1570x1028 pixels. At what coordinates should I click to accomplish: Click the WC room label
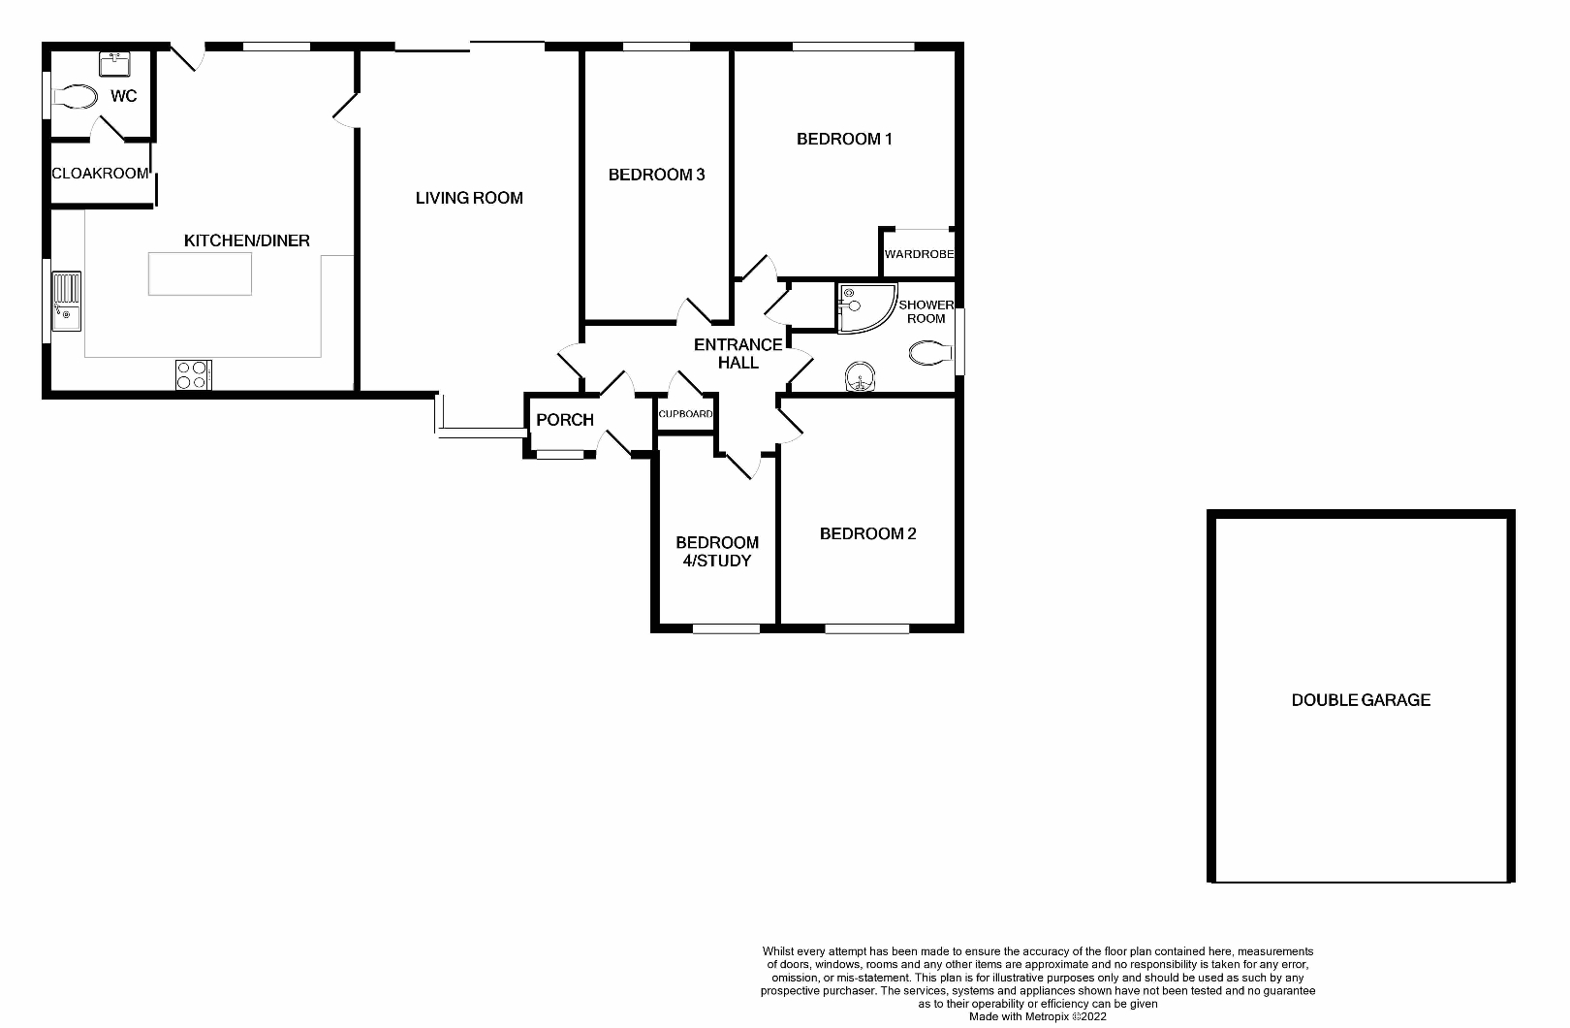124,96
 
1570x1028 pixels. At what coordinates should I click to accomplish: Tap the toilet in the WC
76,97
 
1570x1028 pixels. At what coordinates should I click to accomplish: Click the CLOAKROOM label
100,174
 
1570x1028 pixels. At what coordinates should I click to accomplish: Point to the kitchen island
200,273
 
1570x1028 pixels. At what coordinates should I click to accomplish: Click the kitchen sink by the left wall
67,302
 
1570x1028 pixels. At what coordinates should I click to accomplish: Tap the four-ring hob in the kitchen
194,374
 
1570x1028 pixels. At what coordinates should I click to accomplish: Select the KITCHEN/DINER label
247,241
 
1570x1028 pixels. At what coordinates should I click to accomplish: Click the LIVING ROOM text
469,198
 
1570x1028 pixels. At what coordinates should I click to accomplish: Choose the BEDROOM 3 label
656,175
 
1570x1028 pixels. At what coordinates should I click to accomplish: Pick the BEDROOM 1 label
844,139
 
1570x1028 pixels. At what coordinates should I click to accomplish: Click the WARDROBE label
919,254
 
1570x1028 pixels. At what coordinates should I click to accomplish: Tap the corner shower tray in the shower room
862,307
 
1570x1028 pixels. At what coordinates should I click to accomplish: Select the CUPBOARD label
686,414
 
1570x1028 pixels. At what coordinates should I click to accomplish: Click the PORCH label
565,420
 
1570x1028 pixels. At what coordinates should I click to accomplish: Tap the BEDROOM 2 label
867,533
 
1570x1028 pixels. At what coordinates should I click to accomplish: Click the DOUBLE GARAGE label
1361,700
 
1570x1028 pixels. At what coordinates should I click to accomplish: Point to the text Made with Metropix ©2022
1037,1017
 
